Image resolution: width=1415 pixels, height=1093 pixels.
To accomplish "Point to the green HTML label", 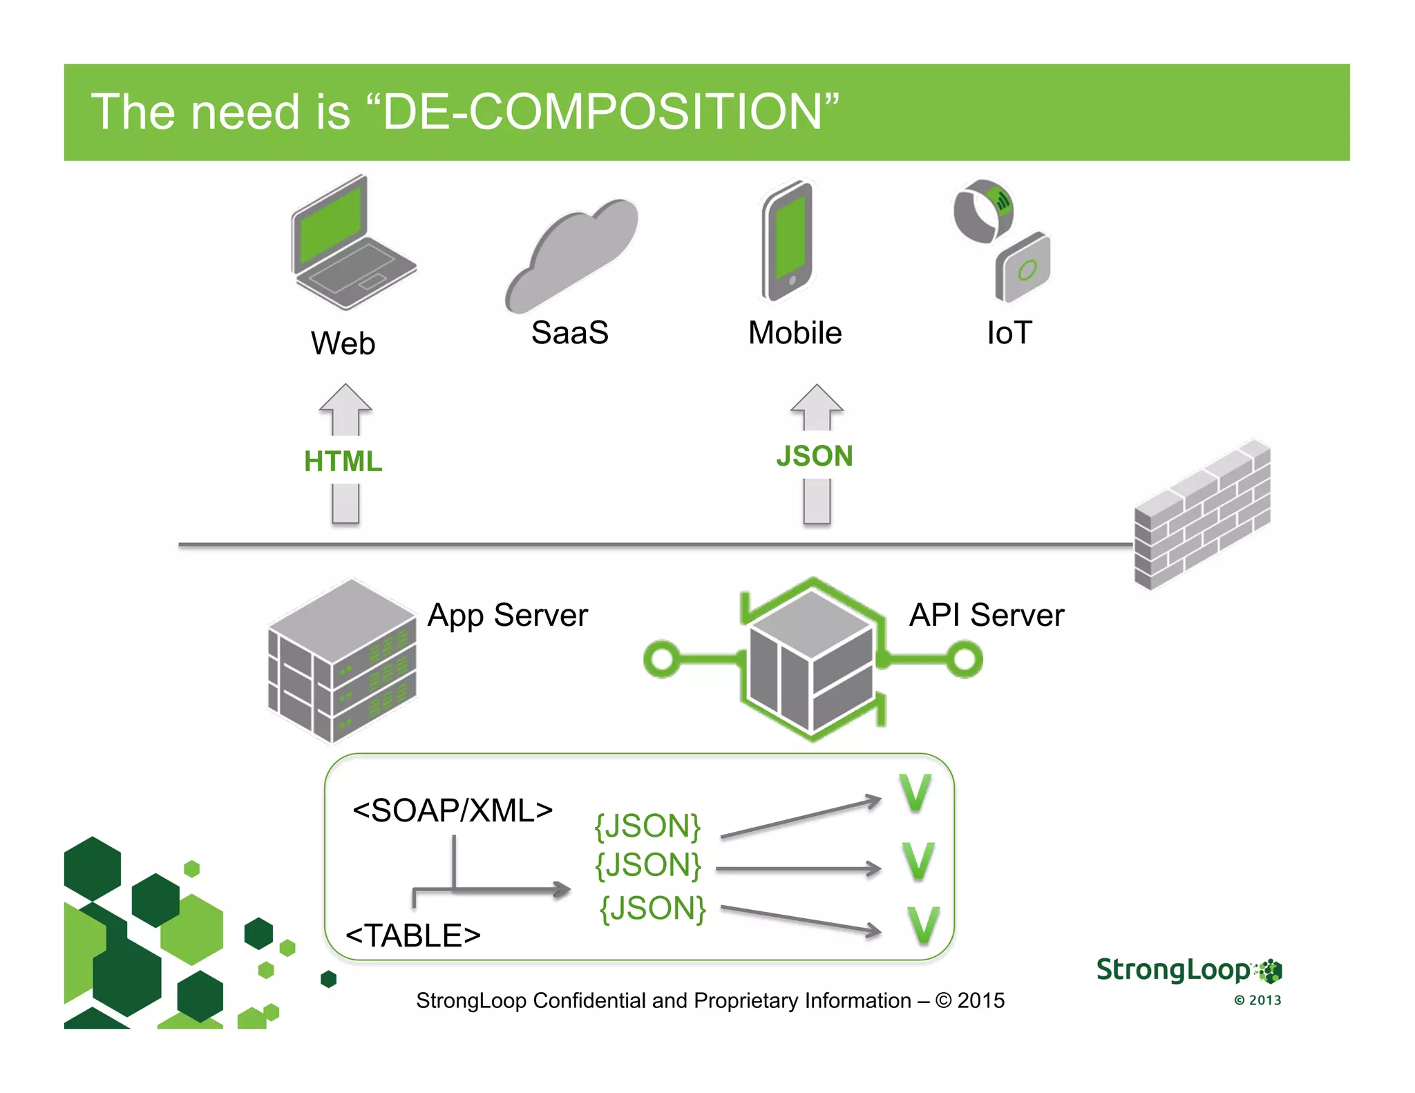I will point(343,462).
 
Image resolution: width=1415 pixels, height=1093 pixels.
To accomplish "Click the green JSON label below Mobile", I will point(814,457).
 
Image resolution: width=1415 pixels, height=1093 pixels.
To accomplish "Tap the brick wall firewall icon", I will point(1202,515).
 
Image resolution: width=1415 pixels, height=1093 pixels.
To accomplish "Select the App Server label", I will point(507,615).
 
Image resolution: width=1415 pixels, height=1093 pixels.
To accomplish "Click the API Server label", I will point(986,615).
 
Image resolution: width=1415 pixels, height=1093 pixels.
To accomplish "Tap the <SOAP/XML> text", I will point(453,810).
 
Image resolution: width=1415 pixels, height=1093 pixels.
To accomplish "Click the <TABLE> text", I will point(412,935).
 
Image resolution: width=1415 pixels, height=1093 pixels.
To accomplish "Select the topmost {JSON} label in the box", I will point(647,826).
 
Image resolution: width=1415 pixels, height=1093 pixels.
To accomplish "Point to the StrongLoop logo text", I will point(1172,970).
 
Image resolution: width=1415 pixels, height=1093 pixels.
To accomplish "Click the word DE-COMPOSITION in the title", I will point(602,112).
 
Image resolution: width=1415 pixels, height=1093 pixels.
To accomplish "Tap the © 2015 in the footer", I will point(970,1000).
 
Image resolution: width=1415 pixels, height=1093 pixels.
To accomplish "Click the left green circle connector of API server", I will point(662,659).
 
